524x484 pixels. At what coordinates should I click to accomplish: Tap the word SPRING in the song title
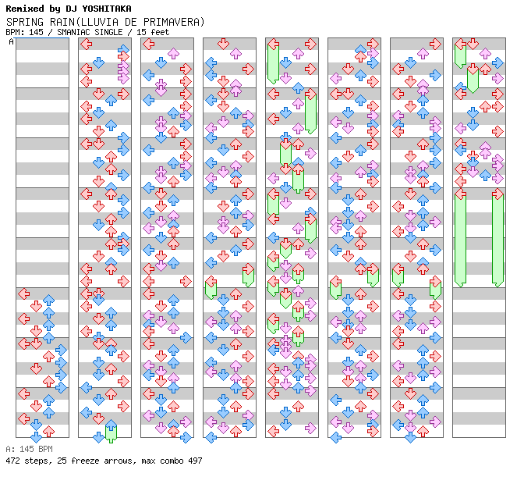(23, 22)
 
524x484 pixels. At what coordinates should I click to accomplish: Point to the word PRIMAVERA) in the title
(172, 22)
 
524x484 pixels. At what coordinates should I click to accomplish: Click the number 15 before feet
(139, 32)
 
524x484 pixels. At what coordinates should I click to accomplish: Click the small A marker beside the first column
(12, 42)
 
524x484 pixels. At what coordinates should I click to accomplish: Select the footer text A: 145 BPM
(29, 450)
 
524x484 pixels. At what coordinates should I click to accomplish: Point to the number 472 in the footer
(13, 461)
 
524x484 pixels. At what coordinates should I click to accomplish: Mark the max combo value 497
(194, 461)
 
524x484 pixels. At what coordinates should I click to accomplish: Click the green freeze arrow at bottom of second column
(111, 431)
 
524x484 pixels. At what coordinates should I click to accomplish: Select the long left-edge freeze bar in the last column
(460, 238)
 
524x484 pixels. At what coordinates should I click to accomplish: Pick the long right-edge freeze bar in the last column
(497, 238)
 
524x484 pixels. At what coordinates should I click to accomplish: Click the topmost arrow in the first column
(23, 294)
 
